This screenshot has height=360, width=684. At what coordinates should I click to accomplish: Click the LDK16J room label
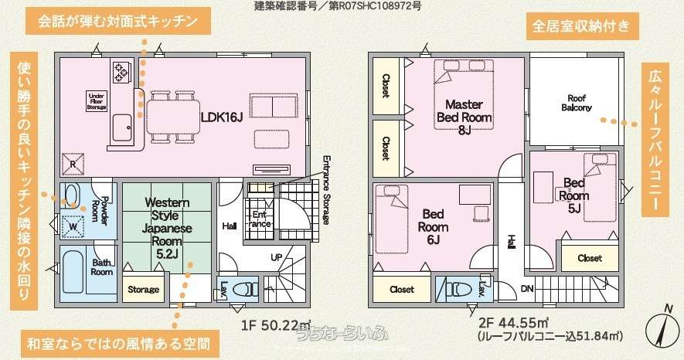tap(222, 117)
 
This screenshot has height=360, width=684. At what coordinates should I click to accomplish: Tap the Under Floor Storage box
tap(97, 100)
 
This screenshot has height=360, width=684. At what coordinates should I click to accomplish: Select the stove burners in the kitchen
tap(122, 72)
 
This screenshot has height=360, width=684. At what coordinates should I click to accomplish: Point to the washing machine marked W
tap(73, 225)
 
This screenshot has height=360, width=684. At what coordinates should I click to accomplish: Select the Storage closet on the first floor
tap(143, 290)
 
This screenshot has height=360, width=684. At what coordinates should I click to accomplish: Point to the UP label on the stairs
tap(276, 257)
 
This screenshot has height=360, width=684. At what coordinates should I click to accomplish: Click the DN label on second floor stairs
tap(528, 287)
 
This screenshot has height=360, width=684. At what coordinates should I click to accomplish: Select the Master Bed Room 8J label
tap(464, 116)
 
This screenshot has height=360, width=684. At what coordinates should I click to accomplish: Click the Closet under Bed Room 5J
tap(590, 258)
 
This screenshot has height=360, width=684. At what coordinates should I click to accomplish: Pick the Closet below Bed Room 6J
tap(401, 290)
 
